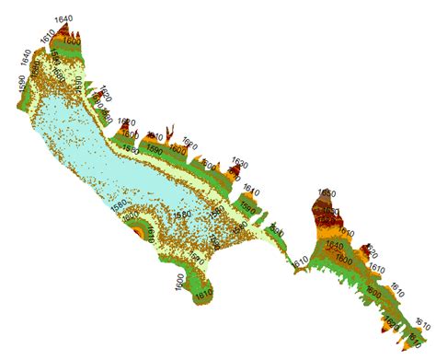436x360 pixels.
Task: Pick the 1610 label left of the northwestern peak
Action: [x=50, y=39]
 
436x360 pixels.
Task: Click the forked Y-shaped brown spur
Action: [x=169, y=136]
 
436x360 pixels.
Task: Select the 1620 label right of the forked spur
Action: [x=189, y=144]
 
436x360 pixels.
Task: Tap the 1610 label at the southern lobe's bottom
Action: [x=203, y=296]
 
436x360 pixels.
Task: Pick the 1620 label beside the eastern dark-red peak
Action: [x=370, y=250]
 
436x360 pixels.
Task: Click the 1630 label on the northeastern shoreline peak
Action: [x=240, y=163]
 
